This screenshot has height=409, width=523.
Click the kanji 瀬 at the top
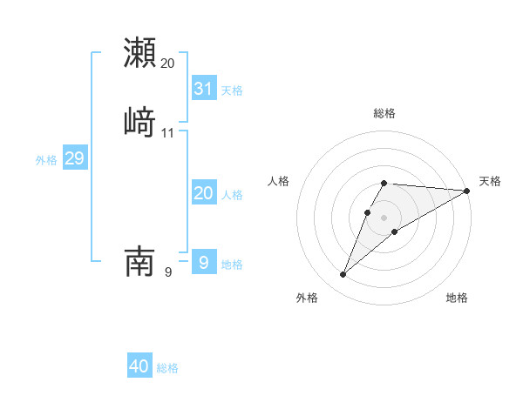click(140, 53)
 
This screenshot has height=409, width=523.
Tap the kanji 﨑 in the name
click(140, 122)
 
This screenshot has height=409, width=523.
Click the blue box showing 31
click(204, 89)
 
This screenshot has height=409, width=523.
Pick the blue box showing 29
click(74, 158)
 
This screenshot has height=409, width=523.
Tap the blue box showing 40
click(139, 366)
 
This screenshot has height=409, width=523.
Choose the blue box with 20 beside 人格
click(204, 193)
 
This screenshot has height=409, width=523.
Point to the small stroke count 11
click(168, 133)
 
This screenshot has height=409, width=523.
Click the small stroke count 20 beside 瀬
click(168, 64)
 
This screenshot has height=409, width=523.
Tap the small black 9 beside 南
click(168, 272)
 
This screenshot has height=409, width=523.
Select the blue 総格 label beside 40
click(167, 368)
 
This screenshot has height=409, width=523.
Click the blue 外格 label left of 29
click(45, 160)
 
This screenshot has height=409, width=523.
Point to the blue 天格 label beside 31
click(232, 91)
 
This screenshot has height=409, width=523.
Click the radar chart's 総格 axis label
click(384, 113)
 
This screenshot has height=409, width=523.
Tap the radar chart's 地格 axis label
click(457, 298)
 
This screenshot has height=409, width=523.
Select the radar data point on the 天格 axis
click(466, 191)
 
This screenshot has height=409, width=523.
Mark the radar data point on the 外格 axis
click(343, 275)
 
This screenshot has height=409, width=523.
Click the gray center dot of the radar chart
click(384, 218)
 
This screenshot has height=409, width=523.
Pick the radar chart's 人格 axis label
click(279, 181)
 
